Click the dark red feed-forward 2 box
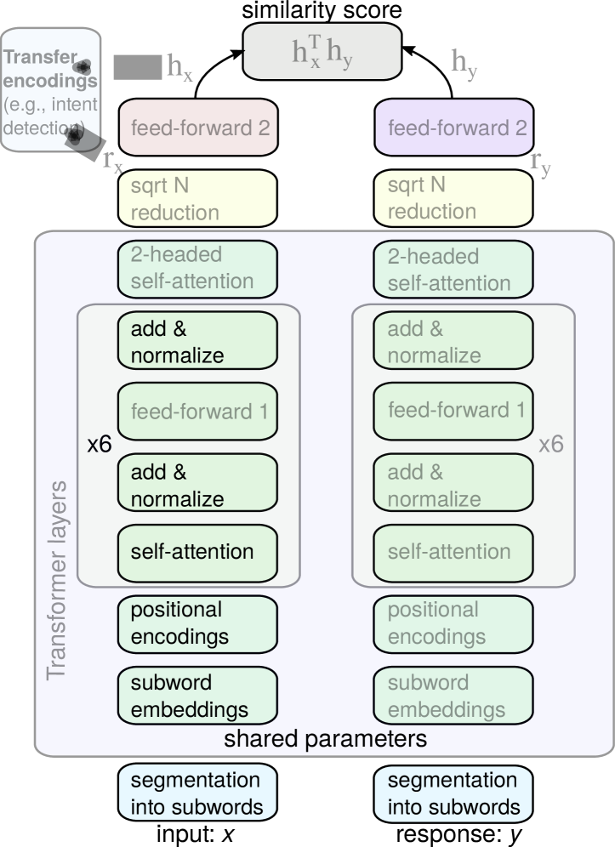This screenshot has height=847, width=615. [x=198, y=128]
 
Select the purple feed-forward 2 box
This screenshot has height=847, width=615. [x=454, y=128]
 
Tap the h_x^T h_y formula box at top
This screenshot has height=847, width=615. [x=322, y=52]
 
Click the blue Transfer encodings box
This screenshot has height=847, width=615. [x=50, y=90]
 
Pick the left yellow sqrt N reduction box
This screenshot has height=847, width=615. [x=197, y=198]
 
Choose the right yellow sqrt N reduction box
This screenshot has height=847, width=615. [x=453, y=198]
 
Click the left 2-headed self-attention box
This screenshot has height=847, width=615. [x=197, y=269]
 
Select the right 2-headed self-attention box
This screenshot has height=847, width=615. [x=453, y=270]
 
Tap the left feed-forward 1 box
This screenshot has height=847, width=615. [x=197, y=412]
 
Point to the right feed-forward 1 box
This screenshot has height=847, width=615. [x=453, y=411]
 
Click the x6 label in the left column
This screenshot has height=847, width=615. [x=100, y=445]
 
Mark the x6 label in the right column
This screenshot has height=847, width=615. [x=551, y=445]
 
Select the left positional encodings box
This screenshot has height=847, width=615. [x=197, y=623]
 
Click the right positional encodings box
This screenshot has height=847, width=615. [x=453, y=623]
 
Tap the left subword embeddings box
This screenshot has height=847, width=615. [x=197, y=696]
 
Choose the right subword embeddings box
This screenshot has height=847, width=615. [x=453, y=696]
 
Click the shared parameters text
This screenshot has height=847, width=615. [x=325, y=739]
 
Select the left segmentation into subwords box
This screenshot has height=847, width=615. [x=197, y=793]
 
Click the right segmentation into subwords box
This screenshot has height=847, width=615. [x=453, y=793]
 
